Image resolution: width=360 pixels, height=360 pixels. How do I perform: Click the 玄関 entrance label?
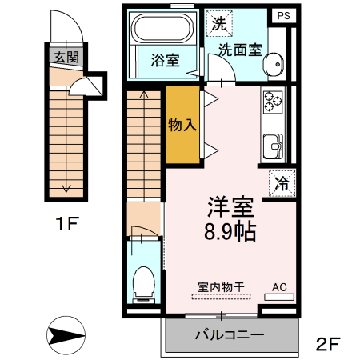pos(66,57)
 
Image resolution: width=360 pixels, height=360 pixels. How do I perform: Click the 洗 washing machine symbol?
pos(218,23)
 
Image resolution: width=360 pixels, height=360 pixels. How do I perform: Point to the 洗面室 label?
pos(241,49)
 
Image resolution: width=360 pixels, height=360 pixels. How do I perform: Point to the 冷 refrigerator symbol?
pos(282,182)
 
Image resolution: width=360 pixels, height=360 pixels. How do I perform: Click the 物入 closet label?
pos(182,125)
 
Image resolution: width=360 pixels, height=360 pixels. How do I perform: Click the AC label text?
pos(279,286)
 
